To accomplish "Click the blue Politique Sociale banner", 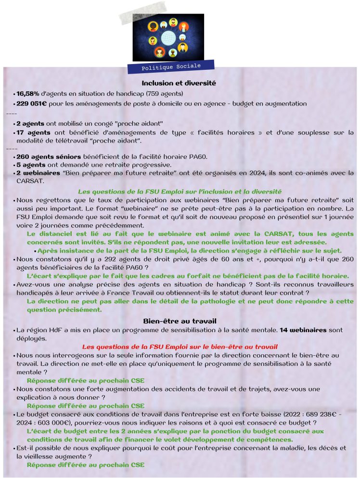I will (x=171, y=65).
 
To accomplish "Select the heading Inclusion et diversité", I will (x=179, y=83).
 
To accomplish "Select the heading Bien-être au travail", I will (x=179, y=321).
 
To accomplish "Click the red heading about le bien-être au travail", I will (x=180, y=347).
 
